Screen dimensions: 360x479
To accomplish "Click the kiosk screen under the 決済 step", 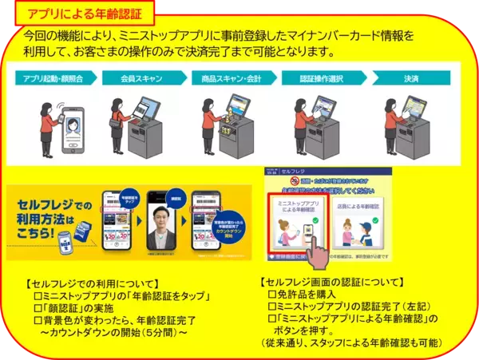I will pos(419,108).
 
